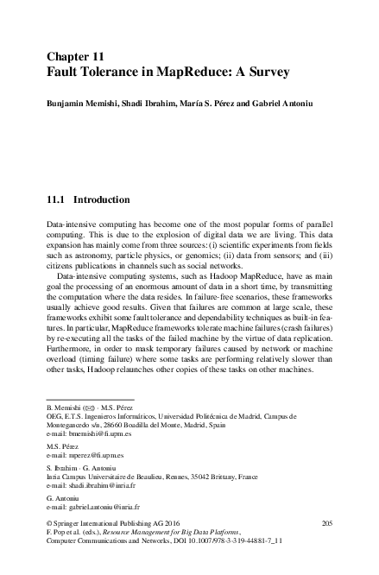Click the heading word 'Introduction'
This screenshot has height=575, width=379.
click(102, 199)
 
